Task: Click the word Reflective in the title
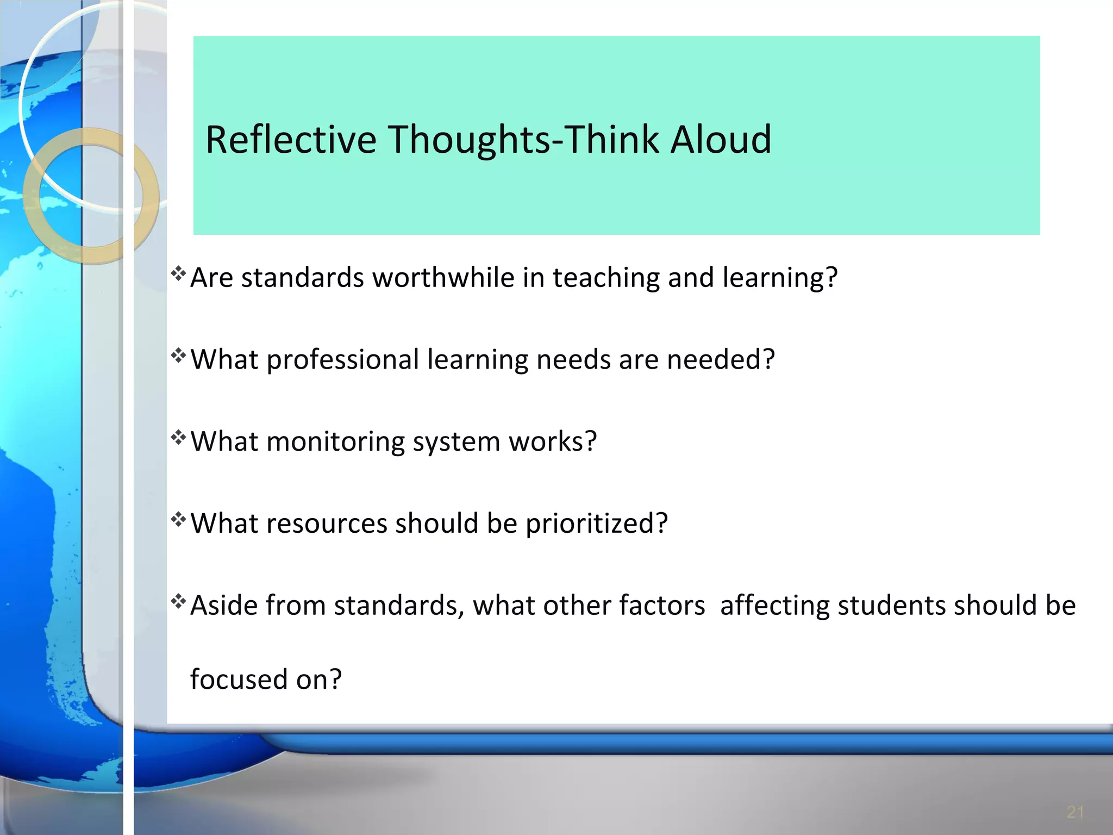[x=291, y=140]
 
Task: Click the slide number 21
[x=1075, y=812]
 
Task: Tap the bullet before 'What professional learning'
[x=179, y=356]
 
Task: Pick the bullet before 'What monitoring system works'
[x=179, y=438]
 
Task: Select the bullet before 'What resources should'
[x=179, y=520]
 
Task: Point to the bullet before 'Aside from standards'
[x=179, y=601]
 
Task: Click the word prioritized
[x=596, y=524]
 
